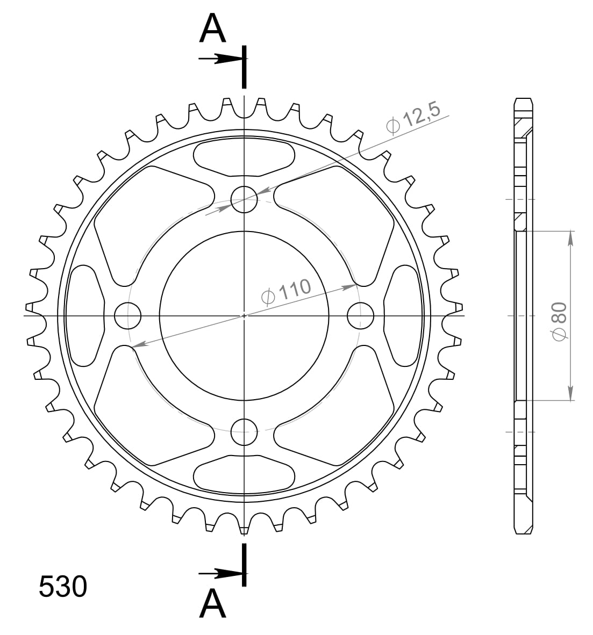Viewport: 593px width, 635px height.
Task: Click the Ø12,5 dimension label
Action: coord(413,117)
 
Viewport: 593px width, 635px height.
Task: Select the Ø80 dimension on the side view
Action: coord(559,321)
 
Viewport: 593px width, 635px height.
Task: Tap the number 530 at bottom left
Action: coord(62,587)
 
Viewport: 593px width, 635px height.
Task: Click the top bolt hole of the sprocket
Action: coord(244,199)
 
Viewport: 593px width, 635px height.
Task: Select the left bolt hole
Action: coord(128,315)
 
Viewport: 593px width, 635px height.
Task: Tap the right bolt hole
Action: coord(360,315)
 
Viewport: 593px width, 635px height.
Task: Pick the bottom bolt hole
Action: coord(244,431)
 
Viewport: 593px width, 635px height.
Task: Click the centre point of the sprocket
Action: coord(244,315)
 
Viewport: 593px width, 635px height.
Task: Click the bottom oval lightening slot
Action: coord(244,473)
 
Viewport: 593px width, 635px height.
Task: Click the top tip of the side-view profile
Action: coord(524,99)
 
